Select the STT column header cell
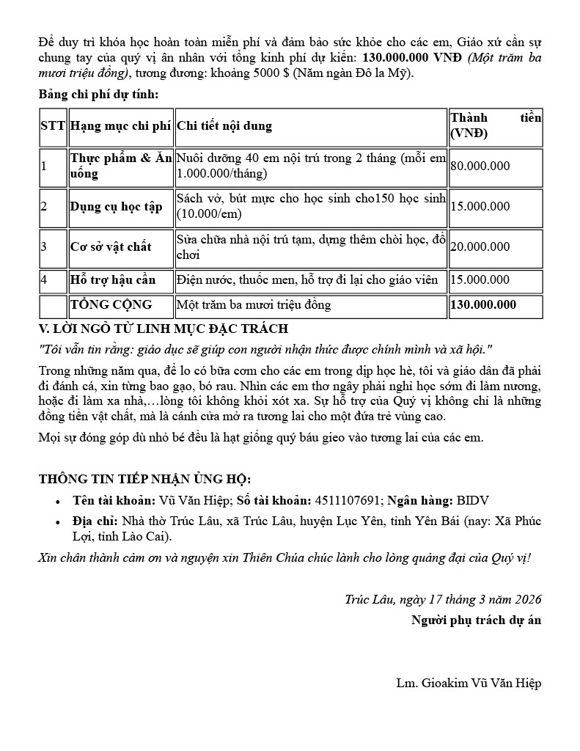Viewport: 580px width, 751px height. tap(53, 126)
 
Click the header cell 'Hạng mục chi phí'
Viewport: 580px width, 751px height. tap(120, 126)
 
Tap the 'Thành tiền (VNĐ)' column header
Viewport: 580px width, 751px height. tap(496, 126)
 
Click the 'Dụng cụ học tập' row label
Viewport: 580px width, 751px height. tap(116, 207)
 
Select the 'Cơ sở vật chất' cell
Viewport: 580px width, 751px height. tap(111, 247)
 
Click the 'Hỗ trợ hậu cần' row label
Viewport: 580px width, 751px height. tap(113, 279)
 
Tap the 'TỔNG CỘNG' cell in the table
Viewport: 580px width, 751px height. tap(111, 305)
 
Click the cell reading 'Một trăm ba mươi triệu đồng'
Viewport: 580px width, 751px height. tap(254, 305)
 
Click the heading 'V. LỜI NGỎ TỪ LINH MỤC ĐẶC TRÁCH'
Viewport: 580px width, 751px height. tap(163, 329)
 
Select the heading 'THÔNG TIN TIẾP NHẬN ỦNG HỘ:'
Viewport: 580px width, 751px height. tap(144, 480)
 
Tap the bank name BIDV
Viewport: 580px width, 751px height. tap(473, 501)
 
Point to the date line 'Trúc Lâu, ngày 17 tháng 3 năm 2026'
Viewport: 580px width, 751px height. tap(443, 599)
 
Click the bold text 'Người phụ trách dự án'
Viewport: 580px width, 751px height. tap(476, 620)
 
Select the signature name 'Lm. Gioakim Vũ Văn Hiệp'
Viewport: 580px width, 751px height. tap(469, 684)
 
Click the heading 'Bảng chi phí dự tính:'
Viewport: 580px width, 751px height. tap(98, 94)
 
